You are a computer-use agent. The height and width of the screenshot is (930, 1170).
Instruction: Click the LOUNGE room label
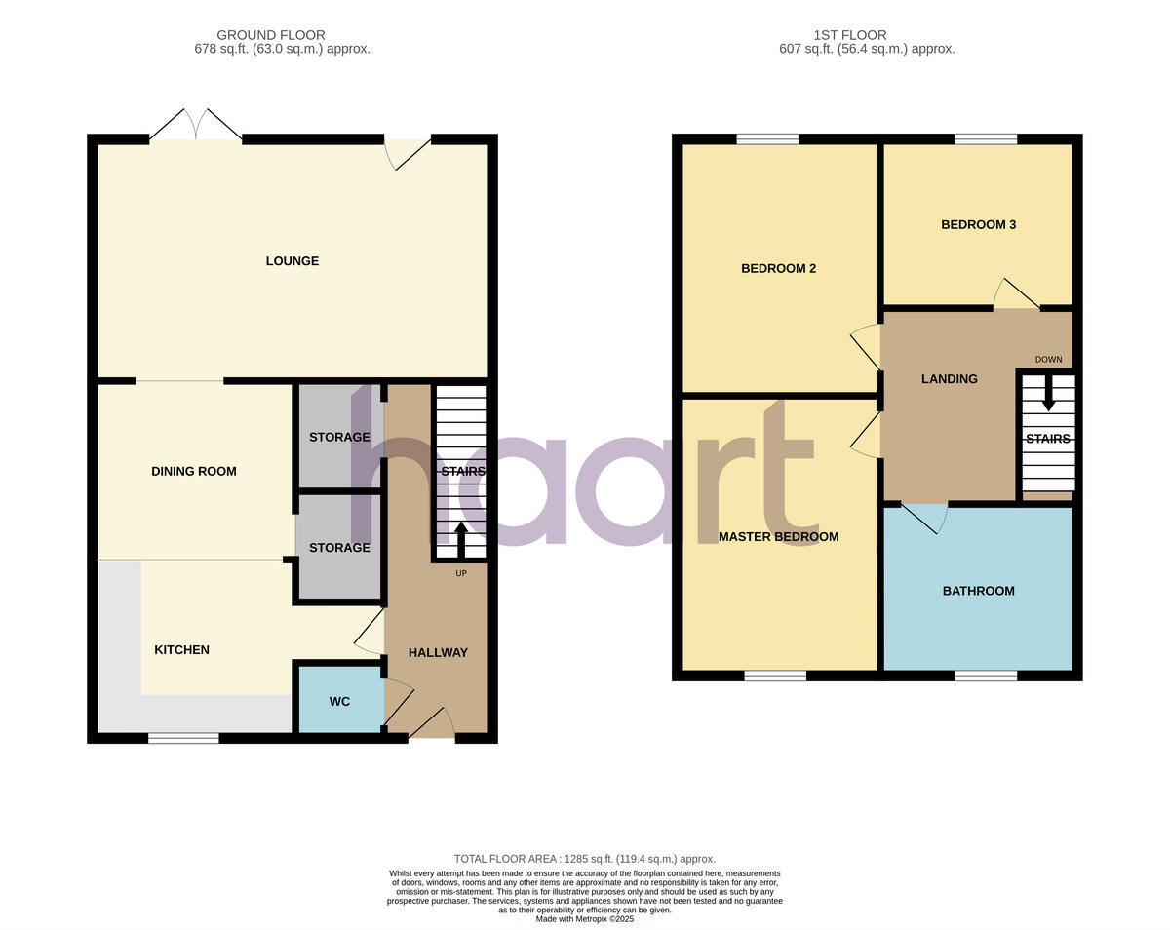(292, 261)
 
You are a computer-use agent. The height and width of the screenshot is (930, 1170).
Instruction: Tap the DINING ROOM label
(194, 472)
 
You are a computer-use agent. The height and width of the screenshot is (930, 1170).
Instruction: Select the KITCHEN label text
(182, 650)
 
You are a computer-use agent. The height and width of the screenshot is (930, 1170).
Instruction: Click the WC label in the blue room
(339, 702)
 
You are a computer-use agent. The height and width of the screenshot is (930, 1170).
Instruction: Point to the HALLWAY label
(438, 653)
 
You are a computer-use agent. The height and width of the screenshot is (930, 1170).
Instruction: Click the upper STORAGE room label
(339, 438)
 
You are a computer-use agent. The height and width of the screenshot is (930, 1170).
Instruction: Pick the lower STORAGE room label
(339, 548)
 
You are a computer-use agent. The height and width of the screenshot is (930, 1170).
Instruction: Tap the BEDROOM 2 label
(778, 269)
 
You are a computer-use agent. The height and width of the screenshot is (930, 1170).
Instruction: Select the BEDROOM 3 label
(978, 225)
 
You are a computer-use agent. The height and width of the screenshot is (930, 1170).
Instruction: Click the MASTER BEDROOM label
(778, 537)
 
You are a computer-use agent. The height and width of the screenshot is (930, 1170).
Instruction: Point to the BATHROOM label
(978, 591)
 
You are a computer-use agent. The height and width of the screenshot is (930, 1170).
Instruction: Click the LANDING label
(949, 379)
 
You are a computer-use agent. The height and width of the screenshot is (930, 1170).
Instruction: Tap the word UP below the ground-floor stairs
(461, 573)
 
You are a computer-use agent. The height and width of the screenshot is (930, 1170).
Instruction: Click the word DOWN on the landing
(1048, 360)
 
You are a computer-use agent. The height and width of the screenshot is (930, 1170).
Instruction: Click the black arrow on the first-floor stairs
(1048, 395)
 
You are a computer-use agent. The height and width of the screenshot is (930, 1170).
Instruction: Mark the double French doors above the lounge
(196, 126)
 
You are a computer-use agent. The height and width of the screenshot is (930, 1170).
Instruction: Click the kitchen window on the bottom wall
(183, 738)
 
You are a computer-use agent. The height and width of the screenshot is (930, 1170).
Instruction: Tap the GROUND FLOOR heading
(271, 35)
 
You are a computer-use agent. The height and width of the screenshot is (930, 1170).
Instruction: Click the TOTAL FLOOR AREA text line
(584, 859)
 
